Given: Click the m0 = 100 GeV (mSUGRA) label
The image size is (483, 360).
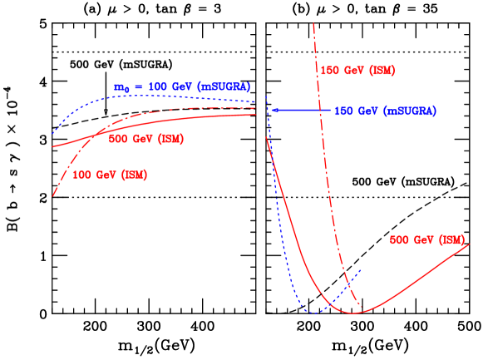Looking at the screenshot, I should point(182,87).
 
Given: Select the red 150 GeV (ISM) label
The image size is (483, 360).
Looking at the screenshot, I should point(357,71).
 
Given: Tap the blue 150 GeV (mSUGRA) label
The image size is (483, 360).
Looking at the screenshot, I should point(385,111).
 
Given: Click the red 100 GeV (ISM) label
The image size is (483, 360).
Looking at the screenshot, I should point(110,175).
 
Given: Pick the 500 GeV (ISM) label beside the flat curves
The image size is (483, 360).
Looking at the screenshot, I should point(146,139).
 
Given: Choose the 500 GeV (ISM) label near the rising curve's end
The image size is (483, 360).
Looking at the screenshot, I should point(426,240).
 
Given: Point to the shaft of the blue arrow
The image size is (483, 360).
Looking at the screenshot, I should point(303,110).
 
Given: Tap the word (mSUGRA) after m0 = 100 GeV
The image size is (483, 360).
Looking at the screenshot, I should point(224,87).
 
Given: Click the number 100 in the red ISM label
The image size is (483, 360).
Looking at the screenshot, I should point(82,175).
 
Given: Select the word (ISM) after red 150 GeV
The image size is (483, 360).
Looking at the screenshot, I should point(382,71).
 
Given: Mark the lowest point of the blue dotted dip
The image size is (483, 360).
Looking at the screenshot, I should point(314,313).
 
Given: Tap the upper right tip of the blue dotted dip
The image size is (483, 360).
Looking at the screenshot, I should point(360,269).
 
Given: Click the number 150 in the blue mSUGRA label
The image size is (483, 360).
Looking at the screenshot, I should point(343,111).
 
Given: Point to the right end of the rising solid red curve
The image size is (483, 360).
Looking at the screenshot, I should point(470,244).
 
